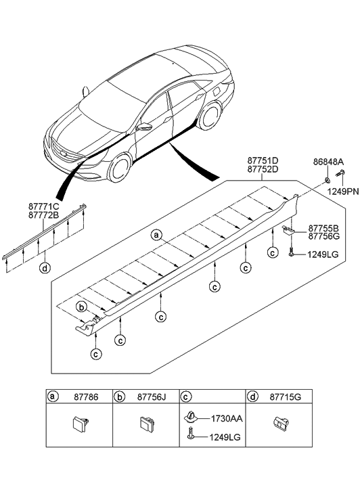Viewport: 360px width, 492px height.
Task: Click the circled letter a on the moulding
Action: (156, 255)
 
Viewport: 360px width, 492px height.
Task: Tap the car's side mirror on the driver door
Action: (143, 127)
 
